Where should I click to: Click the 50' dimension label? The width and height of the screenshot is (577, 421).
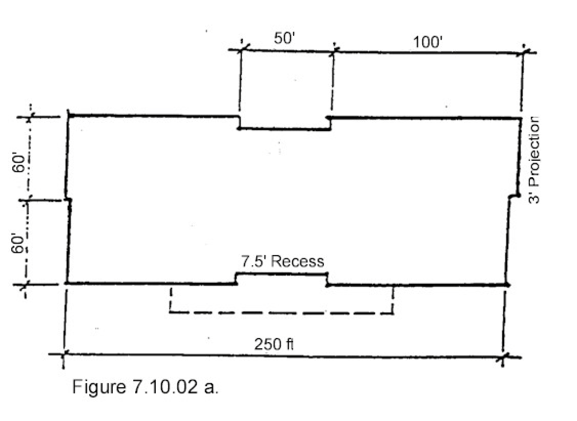click(284, 38)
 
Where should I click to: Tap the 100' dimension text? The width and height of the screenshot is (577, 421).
click(428, 42)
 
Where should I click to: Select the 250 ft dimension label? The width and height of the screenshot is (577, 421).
click(274, 344)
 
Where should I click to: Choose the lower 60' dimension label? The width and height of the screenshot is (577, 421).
click(18, 243)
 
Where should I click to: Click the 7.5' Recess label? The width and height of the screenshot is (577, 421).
click(283, 262)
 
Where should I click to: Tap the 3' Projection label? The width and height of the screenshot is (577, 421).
click(534, 160)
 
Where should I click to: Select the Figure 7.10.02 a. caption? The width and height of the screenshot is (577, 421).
click(145, 387)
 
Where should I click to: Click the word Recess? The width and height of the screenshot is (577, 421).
click(298, 262)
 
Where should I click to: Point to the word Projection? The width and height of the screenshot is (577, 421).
click(534, 151)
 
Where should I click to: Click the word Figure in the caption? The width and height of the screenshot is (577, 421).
click(99, 387)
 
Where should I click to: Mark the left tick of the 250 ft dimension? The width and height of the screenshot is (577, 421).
click(64, 354)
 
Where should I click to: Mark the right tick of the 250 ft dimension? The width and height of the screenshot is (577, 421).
click(504, 357)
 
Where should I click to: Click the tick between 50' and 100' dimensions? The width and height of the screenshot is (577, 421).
click(334, 51)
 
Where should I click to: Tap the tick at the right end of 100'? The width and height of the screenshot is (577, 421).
click(523, 52)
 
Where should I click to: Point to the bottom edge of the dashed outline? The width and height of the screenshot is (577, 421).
click(281, 313)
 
